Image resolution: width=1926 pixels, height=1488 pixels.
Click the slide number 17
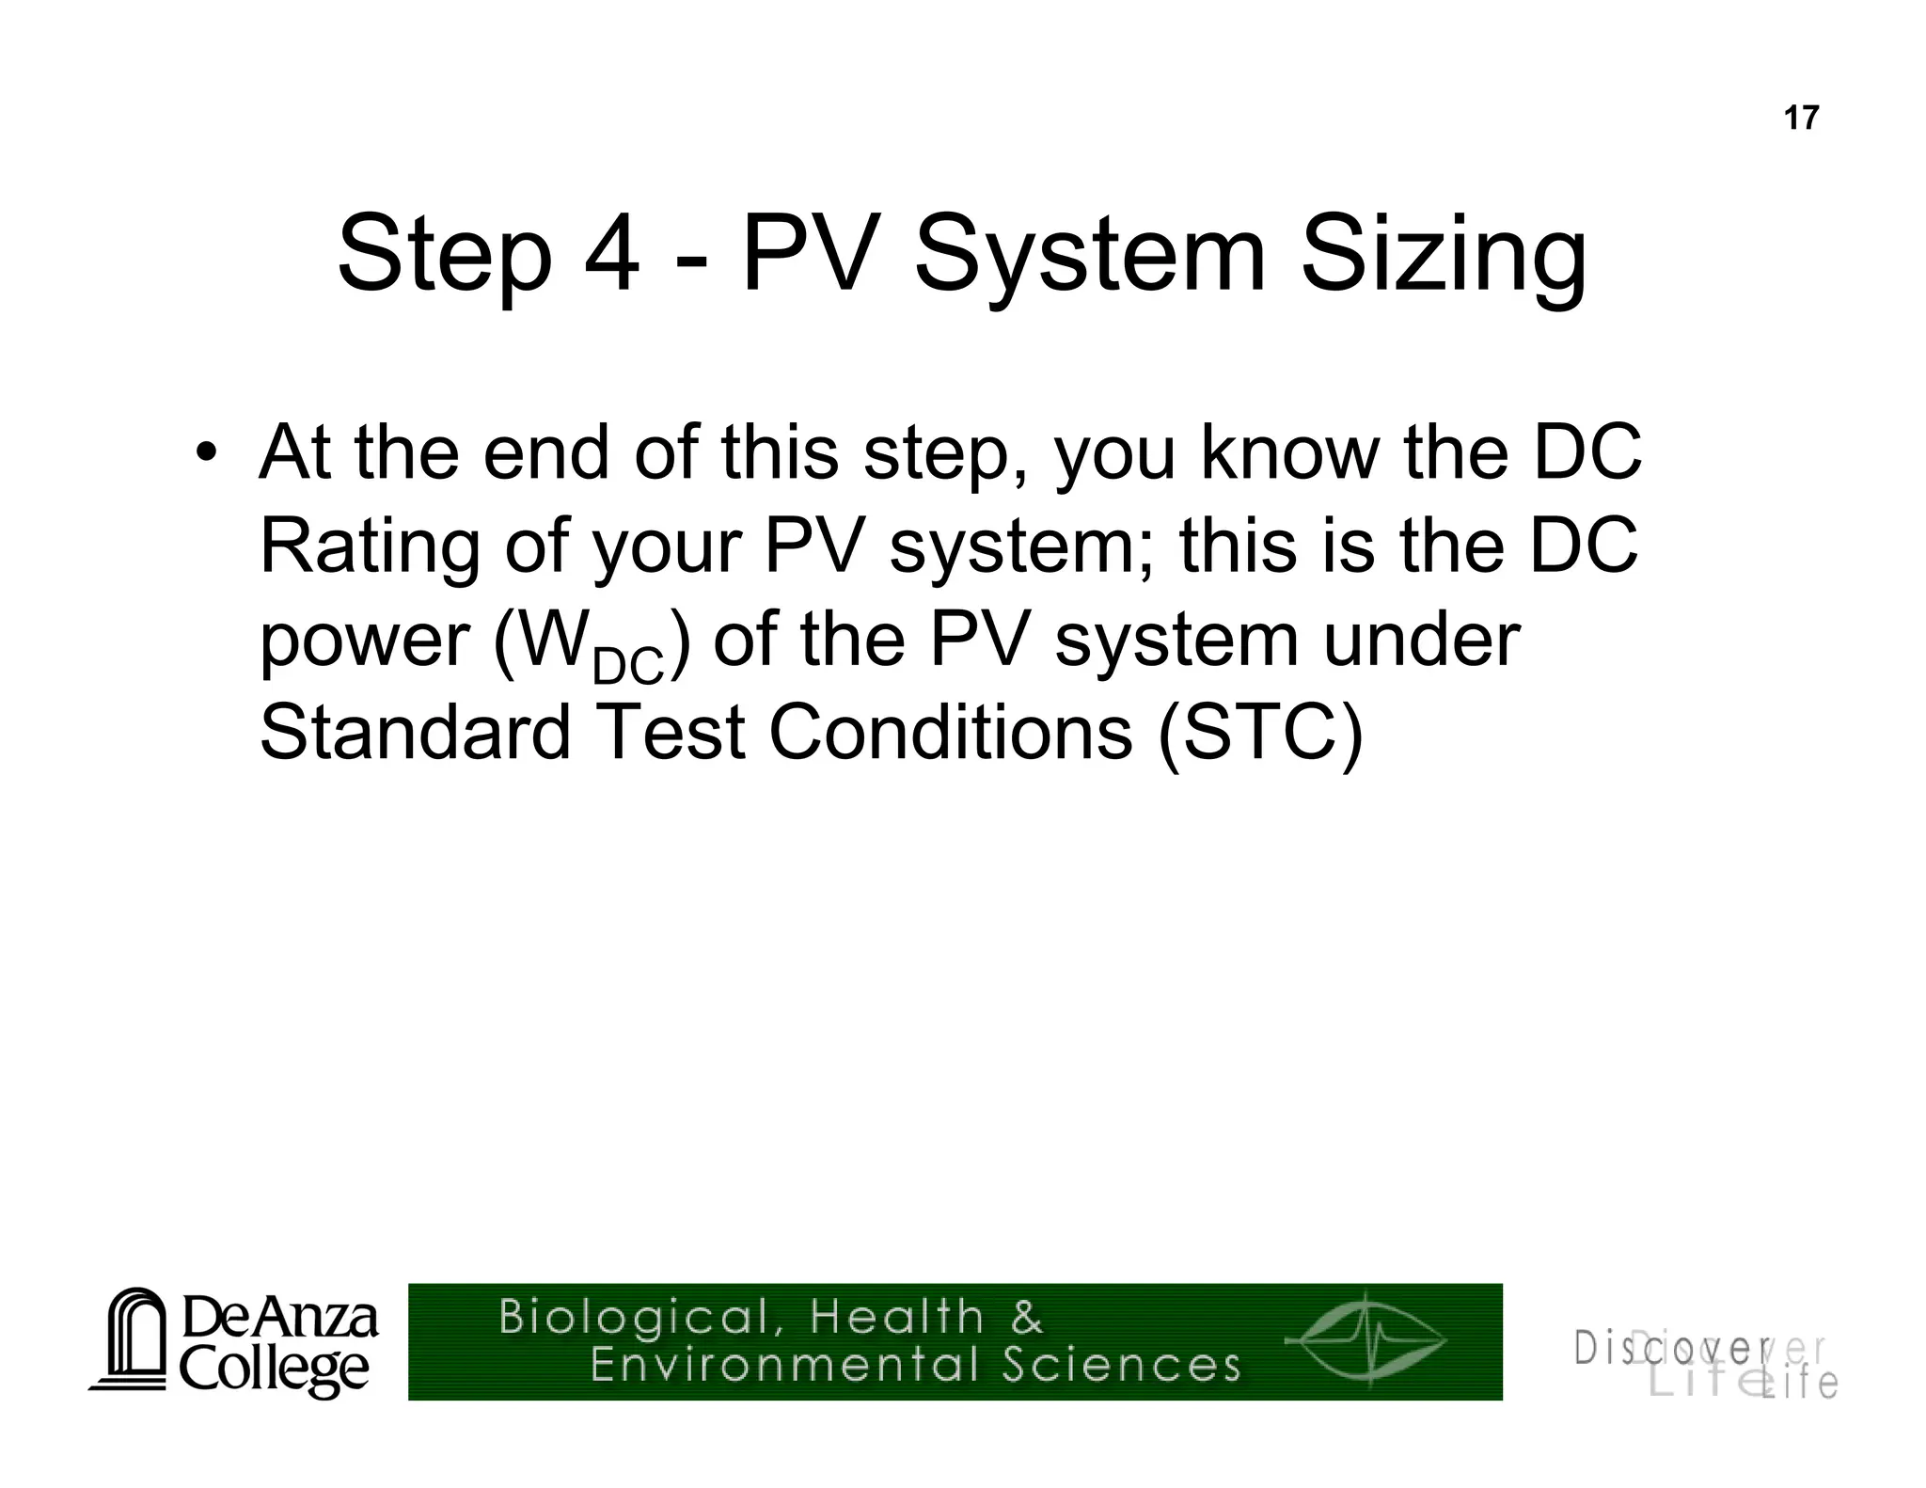(1801, 119)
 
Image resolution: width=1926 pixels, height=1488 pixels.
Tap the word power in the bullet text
(363, 642)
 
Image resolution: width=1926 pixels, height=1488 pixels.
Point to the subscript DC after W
(628, 666)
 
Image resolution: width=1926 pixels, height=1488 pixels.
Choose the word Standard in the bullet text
(415, 733)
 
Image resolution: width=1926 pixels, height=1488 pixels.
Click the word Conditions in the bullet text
(951, 733)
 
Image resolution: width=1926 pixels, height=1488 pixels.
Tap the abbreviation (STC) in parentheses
(1260, 733)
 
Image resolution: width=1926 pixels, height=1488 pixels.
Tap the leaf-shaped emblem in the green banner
(1366, 1340)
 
